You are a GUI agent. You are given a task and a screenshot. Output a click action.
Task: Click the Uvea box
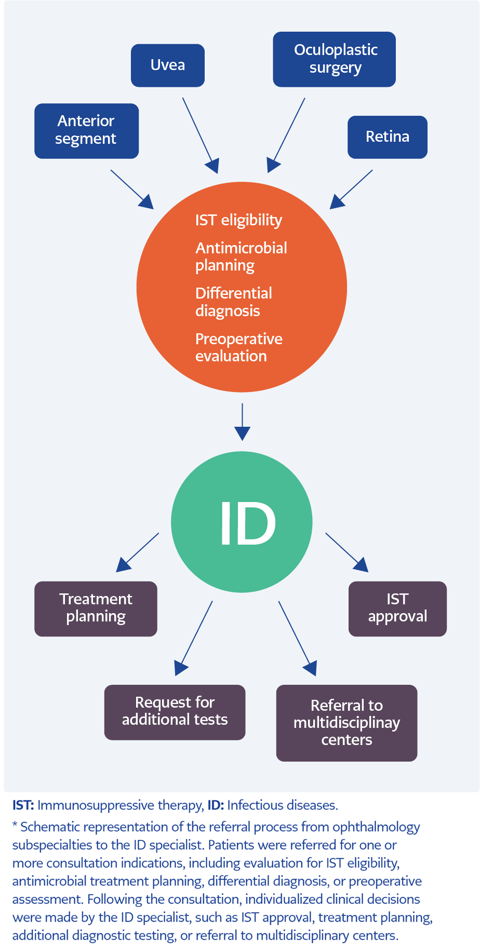coord(167,65)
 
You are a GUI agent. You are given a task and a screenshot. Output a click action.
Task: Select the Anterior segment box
coord(86,130)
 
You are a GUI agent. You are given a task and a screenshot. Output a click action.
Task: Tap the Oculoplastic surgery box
coord(334,59)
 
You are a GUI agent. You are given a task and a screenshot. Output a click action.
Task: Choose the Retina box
coord(387,137)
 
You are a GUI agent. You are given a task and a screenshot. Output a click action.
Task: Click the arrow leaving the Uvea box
coord(200,134)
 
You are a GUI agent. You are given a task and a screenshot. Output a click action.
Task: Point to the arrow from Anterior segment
coord(131,189)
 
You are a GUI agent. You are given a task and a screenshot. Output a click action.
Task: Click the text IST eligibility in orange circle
coord(238,220)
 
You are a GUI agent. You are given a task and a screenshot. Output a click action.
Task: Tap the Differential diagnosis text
coord(233,302)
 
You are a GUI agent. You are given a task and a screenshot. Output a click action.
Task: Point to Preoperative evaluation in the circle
coord(238,347)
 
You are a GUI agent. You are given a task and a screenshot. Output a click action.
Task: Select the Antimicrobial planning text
coord(241,256)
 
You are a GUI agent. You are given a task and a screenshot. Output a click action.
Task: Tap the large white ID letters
coord(247,523)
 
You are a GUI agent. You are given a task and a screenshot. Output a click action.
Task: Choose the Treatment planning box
coord(96,608)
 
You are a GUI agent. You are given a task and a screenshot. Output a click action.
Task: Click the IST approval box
coord(397,608)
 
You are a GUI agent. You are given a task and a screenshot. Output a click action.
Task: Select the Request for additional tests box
coord(175,711)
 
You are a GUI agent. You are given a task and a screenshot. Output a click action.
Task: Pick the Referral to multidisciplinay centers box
coord(346,722)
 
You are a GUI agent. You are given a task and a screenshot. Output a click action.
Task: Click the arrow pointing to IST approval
coord(346,552)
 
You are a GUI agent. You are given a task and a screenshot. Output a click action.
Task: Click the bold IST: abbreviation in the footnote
coord(23,805)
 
